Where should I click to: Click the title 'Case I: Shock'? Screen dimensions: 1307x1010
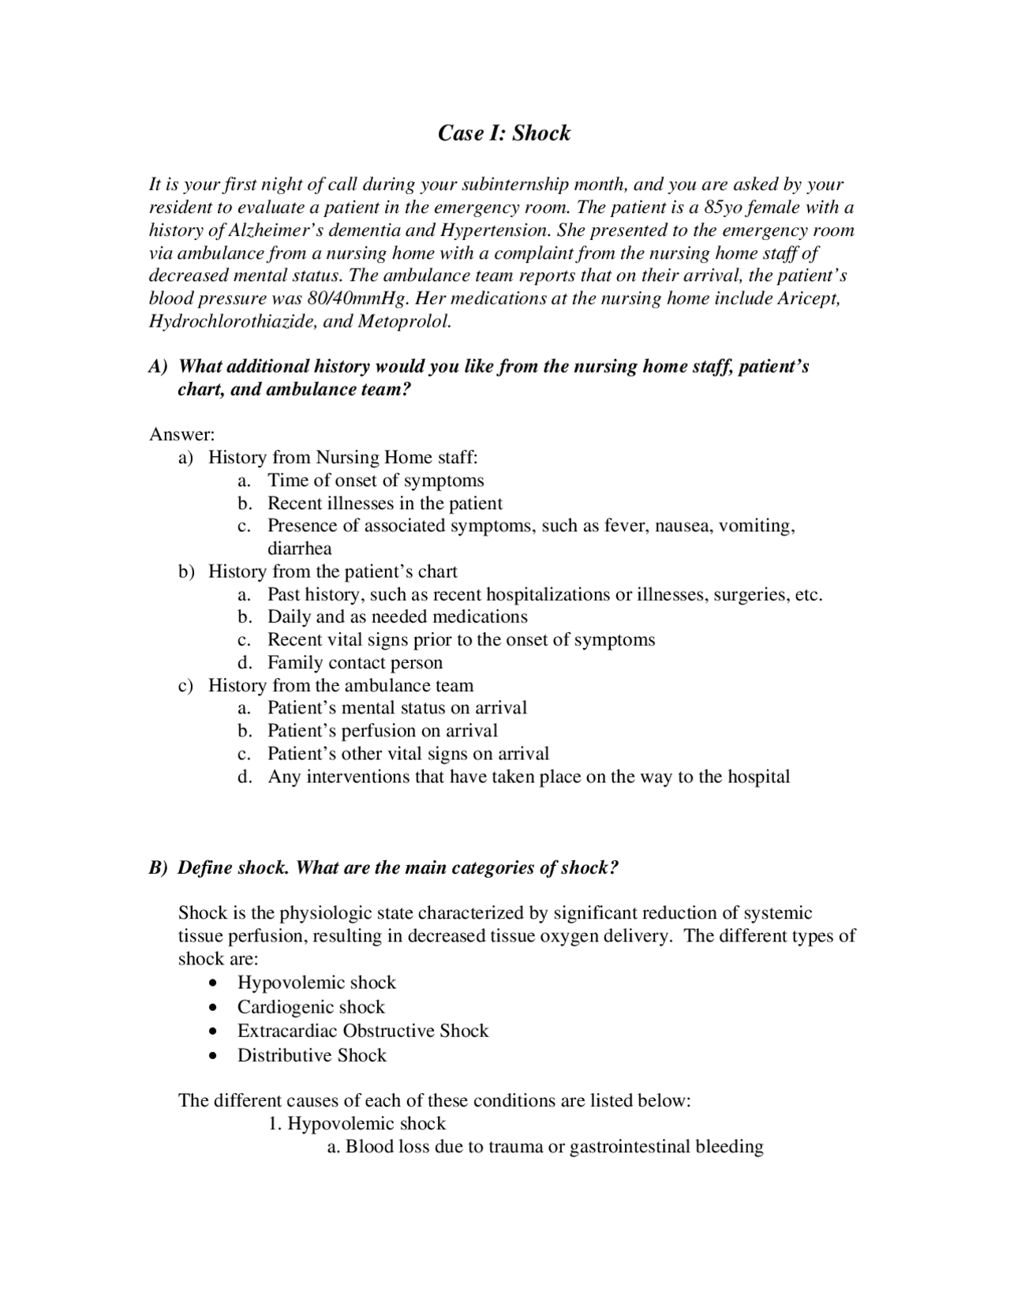tap(504, 133)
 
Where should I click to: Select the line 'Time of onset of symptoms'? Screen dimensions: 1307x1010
tap(376, 481)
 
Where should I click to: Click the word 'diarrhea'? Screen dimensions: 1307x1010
tap(300, 549)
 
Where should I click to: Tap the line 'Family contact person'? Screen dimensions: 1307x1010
tap(355, 663)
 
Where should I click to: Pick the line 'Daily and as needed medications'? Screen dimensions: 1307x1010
tap(398, 617)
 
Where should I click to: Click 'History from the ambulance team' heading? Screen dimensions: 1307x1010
tap(341, 686)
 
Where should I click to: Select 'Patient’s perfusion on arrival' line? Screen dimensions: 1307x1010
tap(383, 731)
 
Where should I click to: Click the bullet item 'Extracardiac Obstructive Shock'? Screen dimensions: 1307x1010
tap(363, 1032)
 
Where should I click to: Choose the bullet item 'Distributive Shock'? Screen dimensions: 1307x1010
tap(312, 1056)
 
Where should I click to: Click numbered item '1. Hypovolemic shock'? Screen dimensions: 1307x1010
tap(357, 1124)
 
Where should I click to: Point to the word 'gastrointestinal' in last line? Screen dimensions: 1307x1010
tap(629, 1147)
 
